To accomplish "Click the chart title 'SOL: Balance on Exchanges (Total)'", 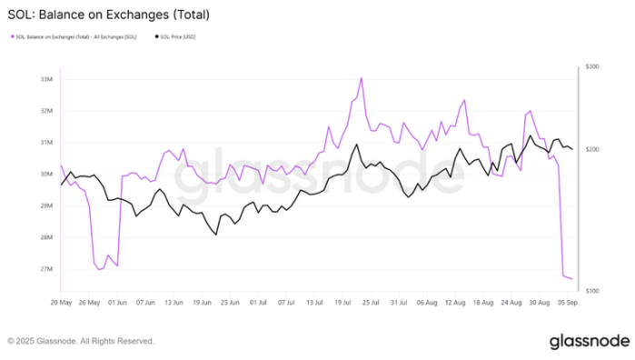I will point(109,15).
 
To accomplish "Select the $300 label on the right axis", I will point(592,67).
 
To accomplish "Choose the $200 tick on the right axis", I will point(592,149).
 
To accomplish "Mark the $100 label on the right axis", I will point(592,290).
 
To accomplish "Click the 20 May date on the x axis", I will point(61,301).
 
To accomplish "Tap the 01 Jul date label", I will point(259,301).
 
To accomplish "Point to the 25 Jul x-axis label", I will point(372,301).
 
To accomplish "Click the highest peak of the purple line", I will point(362,78).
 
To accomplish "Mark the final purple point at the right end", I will point(571,279).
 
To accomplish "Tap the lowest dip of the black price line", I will point(216,235).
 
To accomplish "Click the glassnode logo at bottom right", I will point(589,341).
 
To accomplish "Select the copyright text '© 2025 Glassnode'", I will point(81,342).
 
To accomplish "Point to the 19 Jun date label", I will point(203,301).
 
